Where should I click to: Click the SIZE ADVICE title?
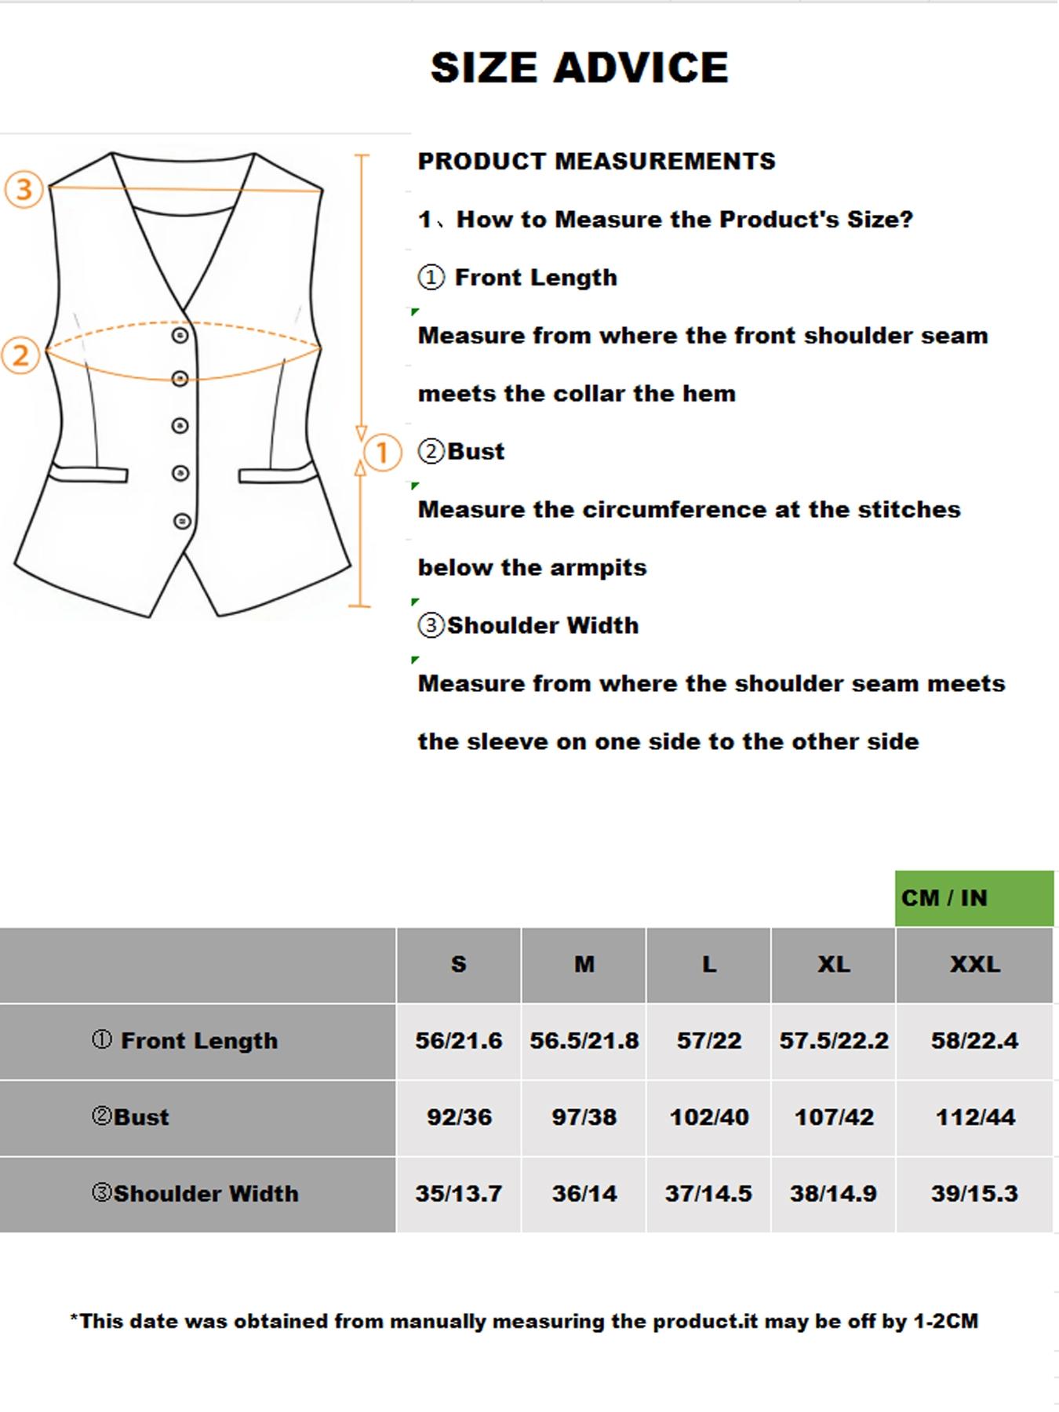click(580, 67)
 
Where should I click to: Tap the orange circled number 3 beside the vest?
click(24, 189)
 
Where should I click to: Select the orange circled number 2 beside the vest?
click(20, 355)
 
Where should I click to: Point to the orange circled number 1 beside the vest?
click(382, 453)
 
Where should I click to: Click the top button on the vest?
click(180, 336)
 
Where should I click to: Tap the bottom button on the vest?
click(182, 521)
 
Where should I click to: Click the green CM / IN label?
click(944, 898)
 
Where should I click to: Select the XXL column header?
click(974, 964)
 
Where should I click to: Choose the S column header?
click(459, 964)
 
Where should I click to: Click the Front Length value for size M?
click(584, 1041)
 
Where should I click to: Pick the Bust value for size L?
click(708, 1117)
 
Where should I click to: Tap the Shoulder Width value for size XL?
click(833, 1193)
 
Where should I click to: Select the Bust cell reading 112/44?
click(974, 1117)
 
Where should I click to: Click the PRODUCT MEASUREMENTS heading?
click(596, 162)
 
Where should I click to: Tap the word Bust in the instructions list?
click(475, 452)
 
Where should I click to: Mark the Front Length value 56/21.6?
click(459, 1041)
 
